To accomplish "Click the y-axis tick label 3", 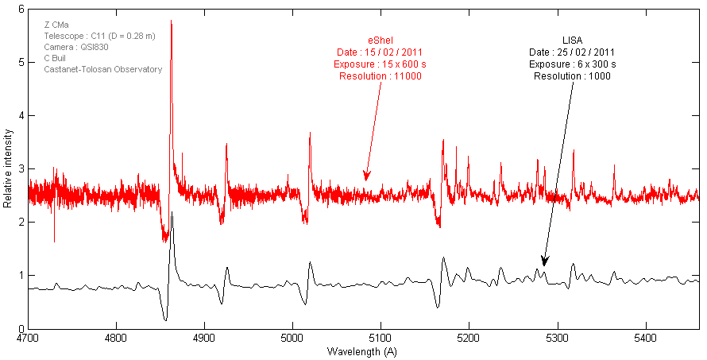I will tap(21, 169).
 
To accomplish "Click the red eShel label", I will tap(380, 41).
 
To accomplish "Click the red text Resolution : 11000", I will tap(380, 76).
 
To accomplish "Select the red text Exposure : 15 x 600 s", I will tap(380, 64).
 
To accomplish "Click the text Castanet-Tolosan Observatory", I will tap(102, 69).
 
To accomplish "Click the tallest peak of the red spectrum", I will tap(172, 21).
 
